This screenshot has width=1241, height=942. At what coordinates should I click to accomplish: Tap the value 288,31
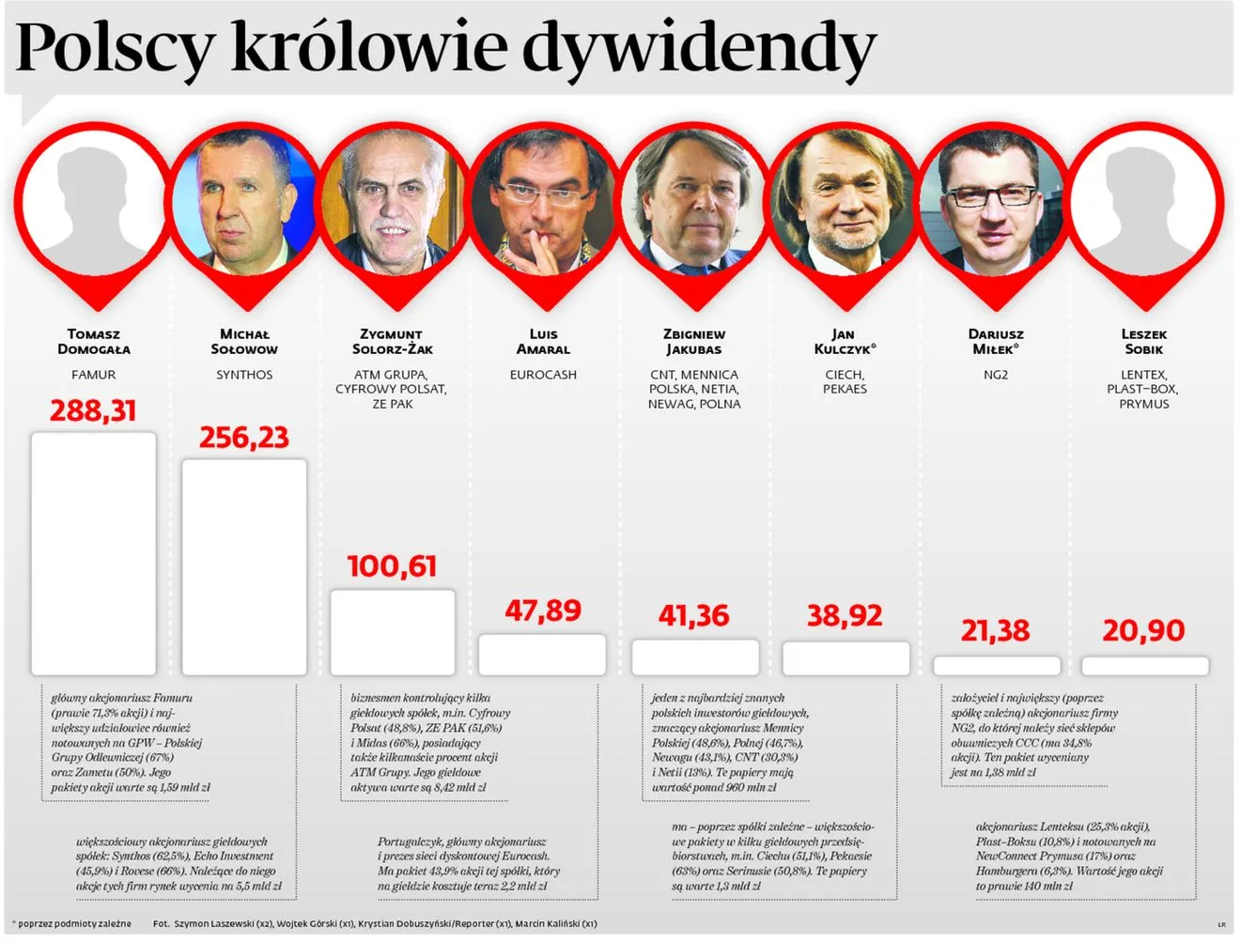click(93, 411)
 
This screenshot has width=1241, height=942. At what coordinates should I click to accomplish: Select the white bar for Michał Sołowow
click(244, 566)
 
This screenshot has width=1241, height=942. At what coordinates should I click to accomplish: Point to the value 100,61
click(393, 566)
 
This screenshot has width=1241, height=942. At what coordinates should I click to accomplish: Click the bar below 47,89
click(542, 655)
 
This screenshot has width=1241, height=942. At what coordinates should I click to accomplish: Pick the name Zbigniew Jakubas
click(694, 342)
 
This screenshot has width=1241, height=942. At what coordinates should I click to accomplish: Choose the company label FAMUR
click(94, 375)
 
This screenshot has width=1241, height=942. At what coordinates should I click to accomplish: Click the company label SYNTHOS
click(244, 375)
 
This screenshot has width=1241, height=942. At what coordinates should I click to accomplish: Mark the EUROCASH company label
click(543, 375)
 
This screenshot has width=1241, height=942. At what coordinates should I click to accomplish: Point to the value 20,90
click(1143, 630)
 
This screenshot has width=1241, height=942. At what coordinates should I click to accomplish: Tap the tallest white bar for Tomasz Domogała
click(94, 553)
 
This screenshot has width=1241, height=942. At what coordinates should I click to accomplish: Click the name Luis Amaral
click(543, 342)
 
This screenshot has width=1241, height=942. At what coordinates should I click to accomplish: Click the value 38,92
click(845, 616)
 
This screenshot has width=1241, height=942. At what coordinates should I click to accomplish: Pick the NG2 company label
click(996, 375)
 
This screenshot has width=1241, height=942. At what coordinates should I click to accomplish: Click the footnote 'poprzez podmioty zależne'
click(75, 924)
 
